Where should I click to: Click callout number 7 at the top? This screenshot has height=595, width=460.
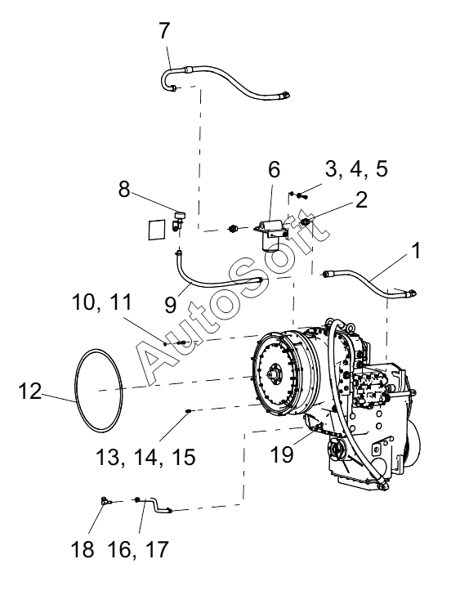pos(164,31)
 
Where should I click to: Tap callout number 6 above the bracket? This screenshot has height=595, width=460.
pos(274,169)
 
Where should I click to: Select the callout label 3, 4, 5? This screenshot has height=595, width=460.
pos(356,168)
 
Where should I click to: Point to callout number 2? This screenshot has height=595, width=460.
pos(361,199)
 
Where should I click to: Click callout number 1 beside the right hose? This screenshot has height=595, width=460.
pos(416,250)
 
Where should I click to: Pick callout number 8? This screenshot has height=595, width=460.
pos(124,189)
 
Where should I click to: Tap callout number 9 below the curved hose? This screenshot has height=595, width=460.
pos(171,304)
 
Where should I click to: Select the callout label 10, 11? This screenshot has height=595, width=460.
pos(102,302)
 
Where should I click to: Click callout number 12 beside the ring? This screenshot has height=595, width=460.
pos(29,391)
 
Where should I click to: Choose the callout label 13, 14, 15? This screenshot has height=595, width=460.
pos(145,457)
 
